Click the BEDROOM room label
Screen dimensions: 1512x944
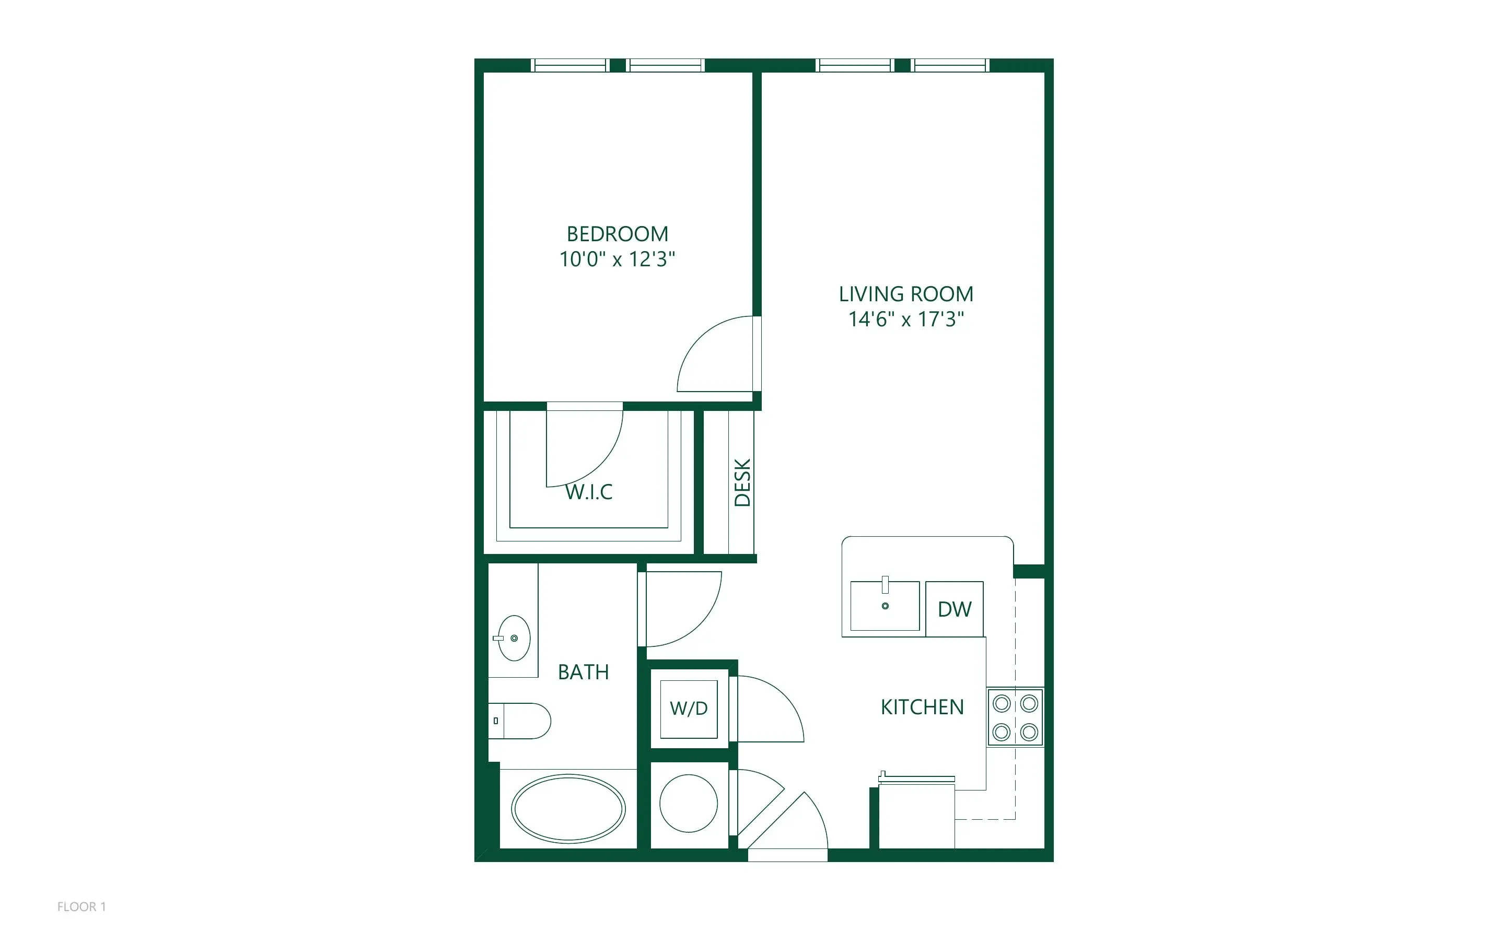point(617,234)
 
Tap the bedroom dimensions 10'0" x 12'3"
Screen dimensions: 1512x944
point(617,259)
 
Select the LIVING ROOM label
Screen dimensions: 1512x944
point(905,294)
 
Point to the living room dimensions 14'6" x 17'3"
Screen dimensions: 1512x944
point(905,319)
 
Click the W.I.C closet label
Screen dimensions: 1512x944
point(589,492)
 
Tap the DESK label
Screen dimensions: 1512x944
point(742,482)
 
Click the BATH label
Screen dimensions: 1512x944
point(583,672)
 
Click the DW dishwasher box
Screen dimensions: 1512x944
point(955,609)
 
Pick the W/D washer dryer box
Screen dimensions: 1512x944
point(689,709)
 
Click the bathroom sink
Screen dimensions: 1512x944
point(514,638)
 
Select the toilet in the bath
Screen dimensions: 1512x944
point(519,721)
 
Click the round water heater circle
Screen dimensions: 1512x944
point(689,804)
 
